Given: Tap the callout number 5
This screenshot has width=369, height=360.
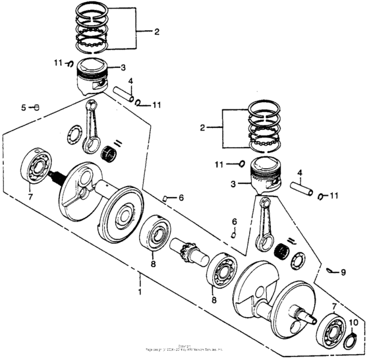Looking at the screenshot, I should tap(24, 107).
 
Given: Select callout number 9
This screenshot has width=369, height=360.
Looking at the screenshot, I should tap(342, 272).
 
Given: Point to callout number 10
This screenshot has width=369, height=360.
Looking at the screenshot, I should tap(354, 322).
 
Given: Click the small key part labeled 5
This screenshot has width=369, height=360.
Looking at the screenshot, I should tap(38, 107).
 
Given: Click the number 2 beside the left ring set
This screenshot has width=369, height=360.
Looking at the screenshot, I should tap(157, 32).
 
